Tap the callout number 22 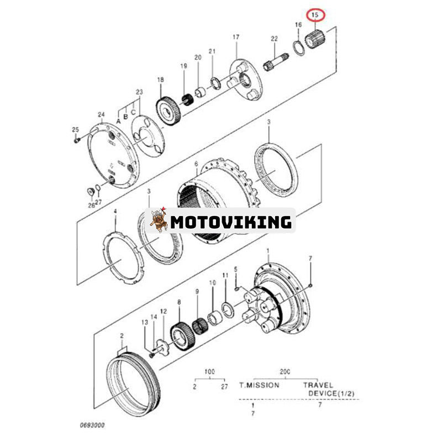pyautogui.click(x=273, y=38)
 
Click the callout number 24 pyautogui.click(x=101, y=115)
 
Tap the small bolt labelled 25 pyautogui.click(x=77, y=140)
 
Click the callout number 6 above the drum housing pyautogui.click(x=196, y=164)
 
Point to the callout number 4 pyautogui.click(x=115, y=211)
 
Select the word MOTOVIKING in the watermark pyautogui.click(x=231, y=222)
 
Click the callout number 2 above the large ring pyautogui.click(x=122, y=336)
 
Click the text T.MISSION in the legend pyautogui.click(x=259, y=385)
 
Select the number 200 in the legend pyautogui.click(x=286, y=371)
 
